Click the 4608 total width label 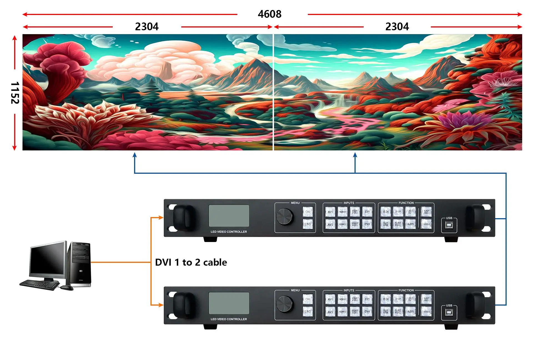tap(270, 14)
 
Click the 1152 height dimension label tap(15, 93)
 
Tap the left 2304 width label tap(147, 27)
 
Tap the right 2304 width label tap(397, 27)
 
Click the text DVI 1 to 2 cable tap(191, 262)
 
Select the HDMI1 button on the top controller tap(343, 212)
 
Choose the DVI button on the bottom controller tap(367, 311)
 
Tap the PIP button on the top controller tap(398, 212)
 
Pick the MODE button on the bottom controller tap(426, 311)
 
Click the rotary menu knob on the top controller tap(285, 216)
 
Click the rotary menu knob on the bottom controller tap(285, 304)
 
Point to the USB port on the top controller tap(449, 225)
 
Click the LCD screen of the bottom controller tap(229, 303)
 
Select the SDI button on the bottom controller tap(386, 299)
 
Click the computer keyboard tap(40, 285)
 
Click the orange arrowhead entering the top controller tap(160, 218)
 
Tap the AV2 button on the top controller tap(330, 224)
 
